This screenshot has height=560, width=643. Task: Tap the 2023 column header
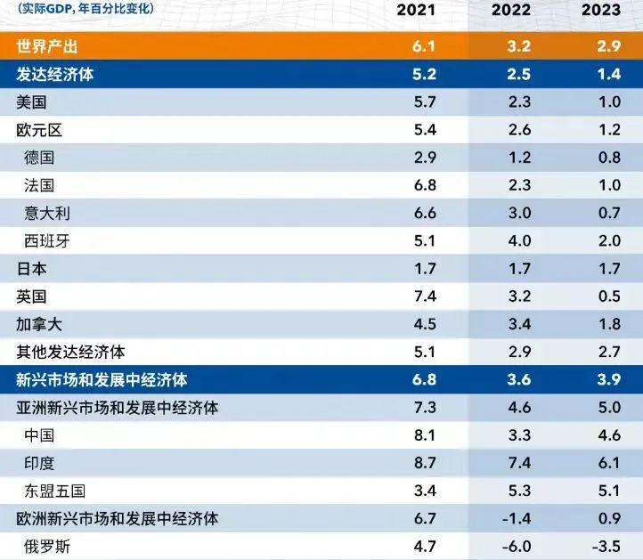(x=601, y=11)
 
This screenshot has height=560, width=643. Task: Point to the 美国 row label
(x=32, y=102)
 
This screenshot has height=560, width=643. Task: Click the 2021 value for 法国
(x=425, y=185)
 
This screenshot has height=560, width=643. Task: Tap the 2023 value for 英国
(x=610, y=296)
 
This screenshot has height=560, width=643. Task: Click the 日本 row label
(x=32, y=269)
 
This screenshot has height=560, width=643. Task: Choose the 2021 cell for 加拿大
(x=425, y=324)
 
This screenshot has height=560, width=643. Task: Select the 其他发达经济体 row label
(x=70, y=352)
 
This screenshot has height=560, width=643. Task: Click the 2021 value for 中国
(x=425, y=435)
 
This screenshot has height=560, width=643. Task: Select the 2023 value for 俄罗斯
(x=607, y=546)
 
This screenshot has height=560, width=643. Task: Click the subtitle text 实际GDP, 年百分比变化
(x=85, y=10)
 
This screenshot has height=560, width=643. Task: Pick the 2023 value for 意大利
(x=610, y=213)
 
